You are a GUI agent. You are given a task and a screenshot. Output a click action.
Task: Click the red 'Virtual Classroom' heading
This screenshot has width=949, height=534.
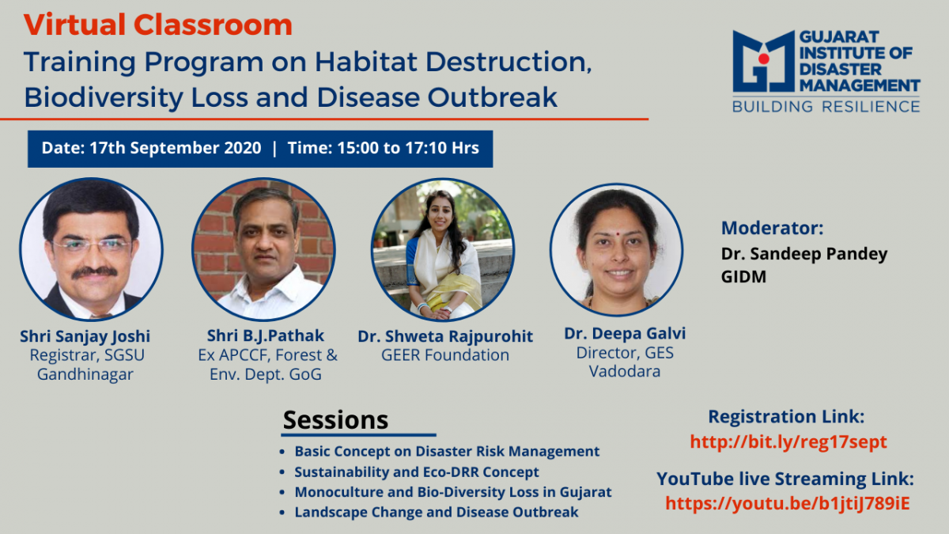click(x=158, y=25)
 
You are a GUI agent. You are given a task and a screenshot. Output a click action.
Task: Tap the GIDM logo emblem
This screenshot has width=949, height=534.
click(x=763, y=62)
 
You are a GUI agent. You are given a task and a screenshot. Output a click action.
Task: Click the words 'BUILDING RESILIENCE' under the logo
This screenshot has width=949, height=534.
click(x=826, y=106)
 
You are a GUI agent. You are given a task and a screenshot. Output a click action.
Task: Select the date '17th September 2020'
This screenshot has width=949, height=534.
click(x=176, y=148)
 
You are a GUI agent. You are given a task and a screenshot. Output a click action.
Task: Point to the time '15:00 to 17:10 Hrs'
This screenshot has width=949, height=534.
click(x=408, y=148)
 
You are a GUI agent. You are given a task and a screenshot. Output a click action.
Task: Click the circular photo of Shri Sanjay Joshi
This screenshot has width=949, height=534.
click(x=91, y=248)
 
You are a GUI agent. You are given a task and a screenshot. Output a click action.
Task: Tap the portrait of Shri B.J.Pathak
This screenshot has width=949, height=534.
click(x=263, y=248)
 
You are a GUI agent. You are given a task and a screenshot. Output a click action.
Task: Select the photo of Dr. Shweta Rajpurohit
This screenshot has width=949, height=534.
click(x=443, y=248)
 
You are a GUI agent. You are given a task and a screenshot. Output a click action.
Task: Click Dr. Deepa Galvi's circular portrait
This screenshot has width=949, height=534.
click(x=616, y=250)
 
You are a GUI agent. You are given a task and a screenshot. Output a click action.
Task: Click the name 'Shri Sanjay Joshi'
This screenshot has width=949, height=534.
click(x=85, y=336)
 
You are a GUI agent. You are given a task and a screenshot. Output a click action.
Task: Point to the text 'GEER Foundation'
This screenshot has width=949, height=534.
click(x=444, y=354)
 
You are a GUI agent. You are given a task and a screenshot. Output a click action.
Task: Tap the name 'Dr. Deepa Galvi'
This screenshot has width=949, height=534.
click(x=625, y=334)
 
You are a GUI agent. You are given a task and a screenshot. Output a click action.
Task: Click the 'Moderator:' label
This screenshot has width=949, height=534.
click(x=773, y=228)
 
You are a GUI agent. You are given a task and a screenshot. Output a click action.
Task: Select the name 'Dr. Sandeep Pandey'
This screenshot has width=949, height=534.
click(x=804, y=254)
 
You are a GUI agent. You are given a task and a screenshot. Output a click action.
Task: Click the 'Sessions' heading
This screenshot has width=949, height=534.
click(x=335, y=420)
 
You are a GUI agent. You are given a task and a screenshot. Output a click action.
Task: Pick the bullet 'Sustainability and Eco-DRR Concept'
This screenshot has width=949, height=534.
click(x=417, y=472)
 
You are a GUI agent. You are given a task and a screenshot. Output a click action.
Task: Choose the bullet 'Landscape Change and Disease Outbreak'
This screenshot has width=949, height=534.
click(x=437, y=512)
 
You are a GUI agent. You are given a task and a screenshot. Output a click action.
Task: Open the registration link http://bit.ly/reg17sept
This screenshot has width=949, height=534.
click(x=788, y=442)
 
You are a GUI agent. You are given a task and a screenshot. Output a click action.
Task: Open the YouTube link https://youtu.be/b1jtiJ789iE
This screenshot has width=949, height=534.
click(x=788, y=503)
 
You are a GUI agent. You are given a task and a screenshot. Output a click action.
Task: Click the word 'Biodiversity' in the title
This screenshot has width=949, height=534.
click(x=104, y=97)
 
